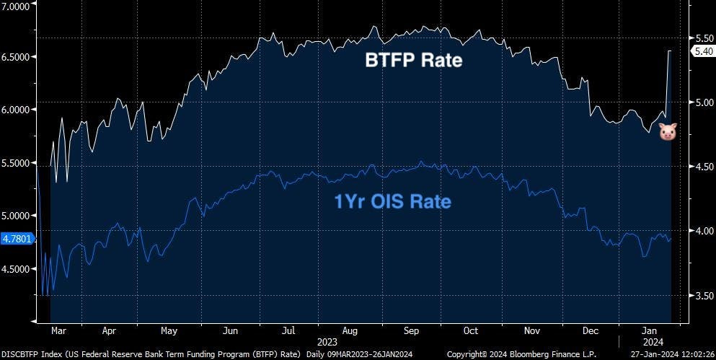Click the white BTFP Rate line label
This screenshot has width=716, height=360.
point(412,60)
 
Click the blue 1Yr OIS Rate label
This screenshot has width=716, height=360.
point(393,201)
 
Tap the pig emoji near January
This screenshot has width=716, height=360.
point(668,131)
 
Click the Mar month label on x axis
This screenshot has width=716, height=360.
point(59,331)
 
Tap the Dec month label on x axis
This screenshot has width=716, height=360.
point(590,331)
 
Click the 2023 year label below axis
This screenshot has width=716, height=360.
point(328,341)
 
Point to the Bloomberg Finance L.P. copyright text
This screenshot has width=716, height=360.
point(521,354)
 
